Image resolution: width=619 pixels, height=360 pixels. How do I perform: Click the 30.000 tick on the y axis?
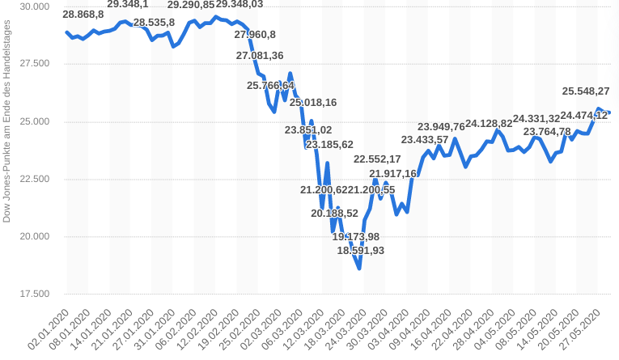pos(34,6)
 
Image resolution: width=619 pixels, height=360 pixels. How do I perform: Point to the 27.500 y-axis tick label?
pos(34,64)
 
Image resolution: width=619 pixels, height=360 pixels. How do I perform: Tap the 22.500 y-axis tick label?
pos(34,180)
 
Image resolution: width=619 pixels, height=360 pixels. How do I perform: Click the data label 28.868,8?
pos(83,15)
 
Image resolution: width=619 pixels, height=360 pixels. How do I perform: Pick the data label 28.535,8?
pos(154,23)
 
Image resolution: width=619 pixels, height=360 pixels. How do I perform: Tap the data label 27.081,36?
pos(260,56)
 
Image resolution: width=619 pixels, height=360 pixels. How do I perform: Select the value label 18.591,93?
pos(361,251)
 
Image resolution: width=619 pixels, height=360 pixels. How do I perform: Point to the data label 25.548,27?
pos(587,91)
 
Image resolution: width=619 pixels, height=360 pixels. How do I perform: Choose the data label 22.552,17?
pos(377,159)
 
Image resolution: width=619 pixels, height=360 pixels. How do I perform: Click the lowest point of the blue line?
pos(358,269)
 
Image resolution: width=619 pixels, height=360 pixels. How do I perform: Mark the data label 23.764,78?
pos(547,132)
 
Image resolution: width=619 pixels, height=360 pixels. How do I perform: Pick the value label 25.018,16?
pos(313,103)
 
